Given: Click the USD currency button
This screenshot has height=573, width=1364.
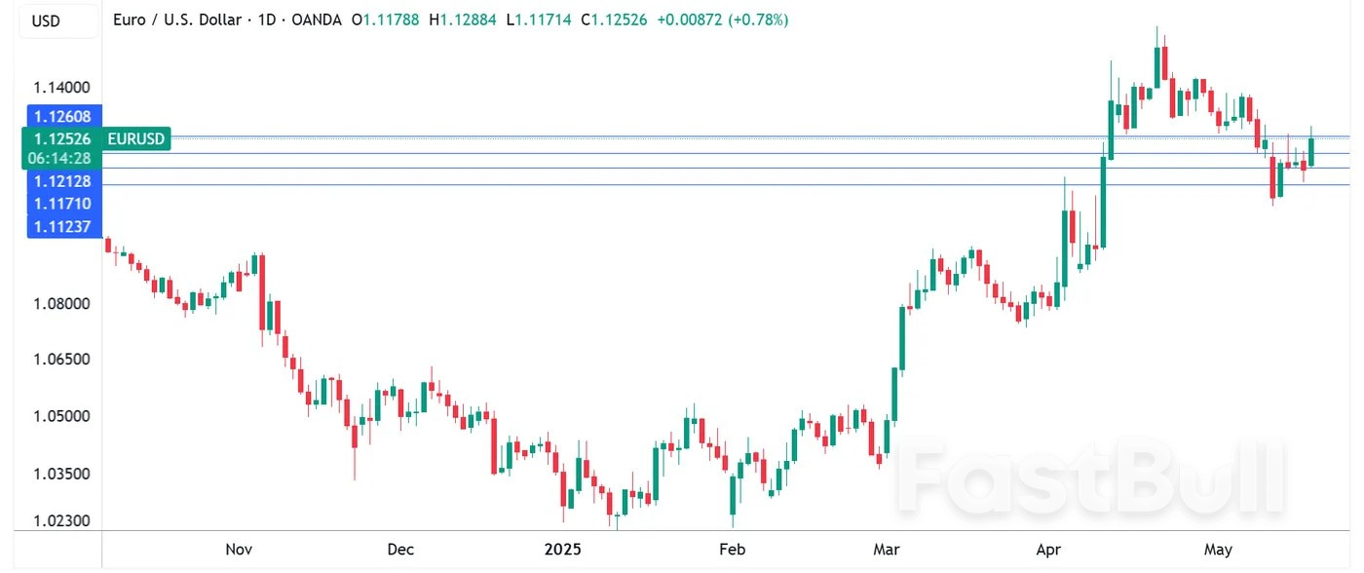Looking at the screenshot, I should [47, 20].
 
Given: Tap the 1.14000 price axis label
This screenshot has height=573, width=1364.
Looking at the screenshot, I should [61, 87].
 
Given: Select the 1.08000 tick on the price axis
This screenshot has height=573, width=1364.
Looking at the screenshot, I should [61, 304].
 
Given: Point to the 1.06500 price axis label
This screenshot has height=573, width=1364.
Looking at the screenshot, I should [61, 360].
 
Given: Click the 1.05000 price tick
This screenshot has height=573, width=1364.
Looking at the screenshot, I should [61, 416].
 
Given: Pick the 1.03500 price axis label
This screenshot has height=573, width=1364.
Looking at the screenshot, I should [61, 474].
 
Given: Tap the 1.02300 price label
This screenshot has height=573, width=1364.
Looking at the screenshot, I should [61, 521].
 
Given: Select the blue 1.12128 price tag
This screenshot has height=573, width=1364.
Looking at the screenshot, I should [61, 181].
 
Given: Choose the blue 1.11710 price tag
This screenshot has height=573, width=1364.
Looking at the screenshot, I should [61, 204].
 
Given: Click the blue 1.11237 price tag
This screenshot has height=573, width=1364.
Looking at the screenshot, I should [61, 227].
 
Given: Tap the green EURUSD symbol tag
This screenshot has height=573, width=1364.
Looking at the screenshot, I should [136, 139].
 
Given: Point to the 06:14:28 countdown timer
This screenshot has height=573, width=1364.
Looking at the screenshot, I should [61, 158].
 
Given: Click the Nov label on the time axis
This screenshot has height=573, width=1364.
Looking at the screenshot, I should [240, 550].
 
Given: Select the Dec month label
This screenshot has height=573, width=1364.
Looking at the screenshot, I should [401, 550].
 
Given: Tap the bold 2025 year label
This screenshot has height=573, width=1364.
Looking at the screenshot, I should [562, 550].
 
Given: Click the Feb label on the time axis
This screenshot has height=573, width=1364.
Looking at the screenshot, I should [732, 550].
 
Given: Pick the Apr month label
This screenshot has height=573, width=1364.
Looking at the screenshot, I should [1048, 550].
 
